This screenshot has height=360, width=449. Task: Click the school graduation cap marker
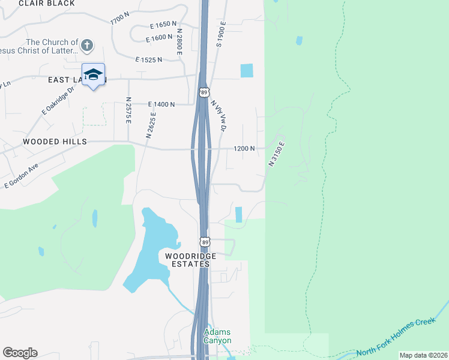[93, 74]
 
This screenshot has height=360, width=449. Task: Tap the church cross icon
[87, 45]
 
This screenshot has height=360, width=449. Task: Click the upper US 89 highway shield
[204, 92]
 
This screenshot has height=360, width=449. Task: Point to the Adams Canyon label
[217, 337]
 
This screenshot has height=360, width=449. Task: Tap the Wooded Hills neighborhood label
[55, 142]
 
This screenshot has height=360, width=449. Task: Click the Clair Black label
[47, 4]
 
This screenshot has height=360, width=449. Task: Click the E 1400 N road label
[161, 104]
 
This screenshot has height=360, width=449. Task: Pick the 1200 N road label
[244, 148]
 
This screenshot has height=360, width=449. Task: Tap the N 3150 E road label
[276, 154]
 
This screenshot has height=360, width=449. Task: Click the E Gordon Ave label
[22, 175]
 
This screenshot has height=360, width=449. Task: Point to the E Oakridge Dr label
[58, 101]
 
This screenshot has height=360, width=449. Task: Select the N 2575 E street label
[128, 110]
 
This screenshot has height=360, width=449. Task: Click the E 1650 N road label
[163, 25]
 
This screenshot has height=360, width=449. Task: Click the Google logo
[20, 353]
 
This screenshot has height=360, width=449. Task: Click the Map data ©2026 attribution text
[423, 355]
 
